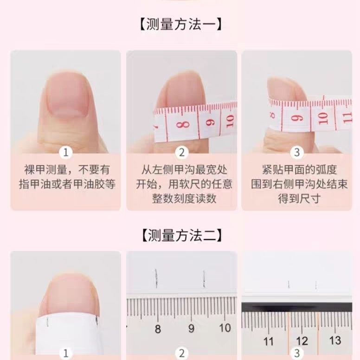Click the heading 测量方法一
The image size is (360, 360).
tap(180, 24)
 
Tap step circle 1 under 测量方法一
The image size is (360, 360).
tap(66, 153)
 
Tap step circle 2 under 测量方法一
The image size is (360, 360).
tap(181, 153)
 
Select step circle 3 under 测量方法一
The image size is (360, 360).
tap(297, 153)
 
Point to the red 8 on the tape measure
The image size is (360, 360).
tap(183, 125)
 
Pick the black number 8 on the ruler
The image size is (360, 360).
tap(158, 329)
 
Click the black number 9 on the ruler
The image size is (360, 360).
tap(191, 328)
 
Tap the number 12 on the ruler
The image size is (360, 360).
tap(302, 341)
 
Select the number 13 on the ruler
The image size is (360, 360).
tap(335, 341)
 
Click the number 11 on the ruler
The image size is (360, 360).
tap(269, 341)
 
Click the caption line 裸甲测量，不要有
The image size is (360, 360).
tap(67, 170)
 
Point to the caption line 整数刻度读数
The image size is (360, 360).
tap(184, 199)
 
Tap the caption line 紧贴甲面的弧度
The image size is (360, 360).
tap(299, 170)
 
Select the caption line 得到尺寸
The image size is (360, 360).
tap(299, 199)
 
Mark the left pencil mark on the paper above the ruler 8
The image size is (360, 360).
tap(156, 278)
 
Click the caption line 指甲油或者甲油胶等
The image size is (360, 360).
tap(67, 184)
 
